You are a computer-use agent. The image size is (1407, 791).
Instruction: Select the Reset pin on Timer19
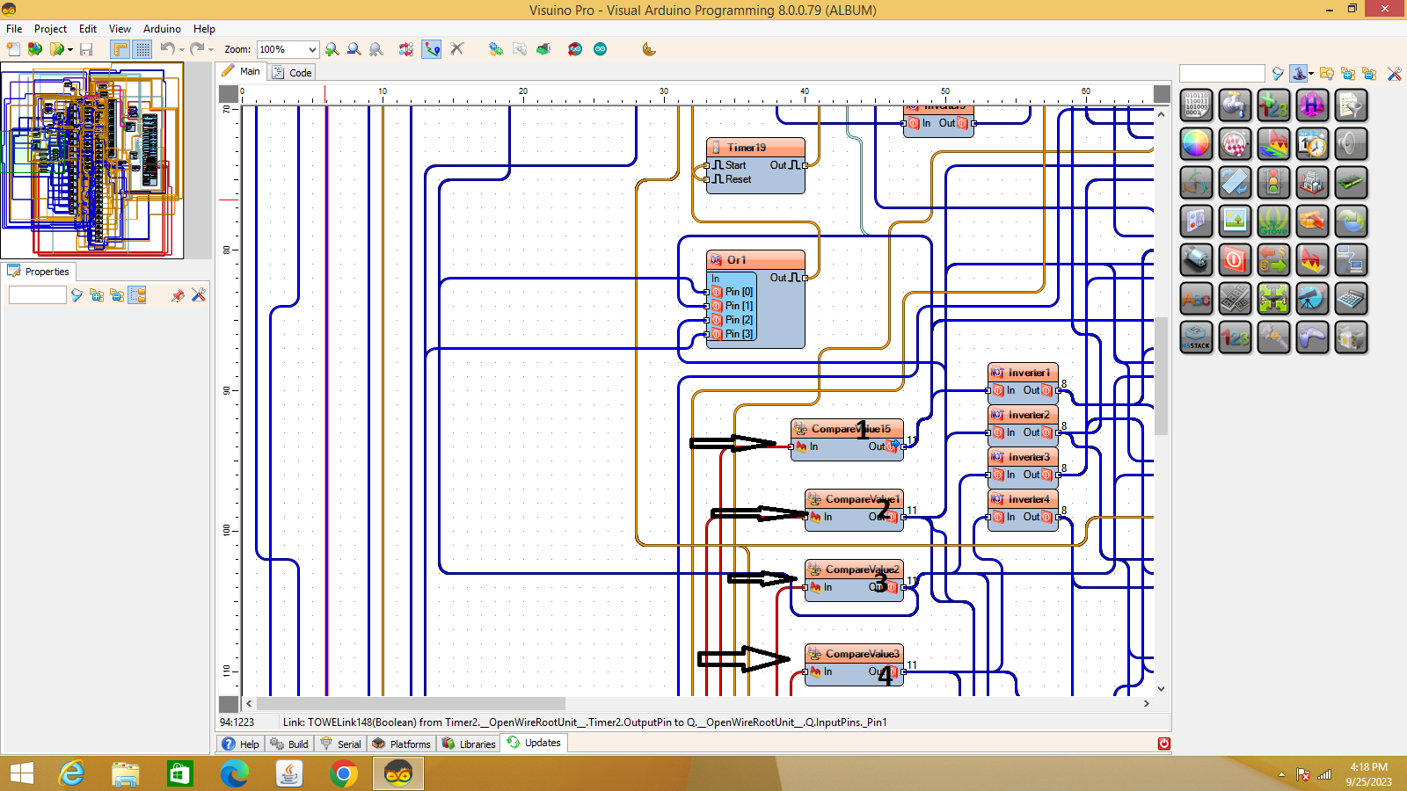738,179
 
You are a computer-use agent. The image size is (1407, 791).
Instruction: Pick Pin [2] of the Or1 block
738,320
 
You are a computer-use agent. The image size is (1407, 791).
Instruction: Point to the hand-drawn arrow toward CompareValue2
762,578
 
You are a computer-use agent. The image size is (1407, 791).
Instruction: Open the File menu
14,29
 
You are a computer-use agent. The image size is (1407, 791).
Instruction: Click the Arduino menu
162,29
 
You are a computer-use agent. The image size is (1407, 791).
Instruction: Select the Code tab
293,72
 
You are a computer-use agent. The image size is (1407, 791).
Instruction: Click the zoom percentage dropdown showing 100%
288,49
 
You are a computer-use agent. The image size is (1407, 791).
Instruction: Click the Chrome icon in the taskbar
344,773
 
